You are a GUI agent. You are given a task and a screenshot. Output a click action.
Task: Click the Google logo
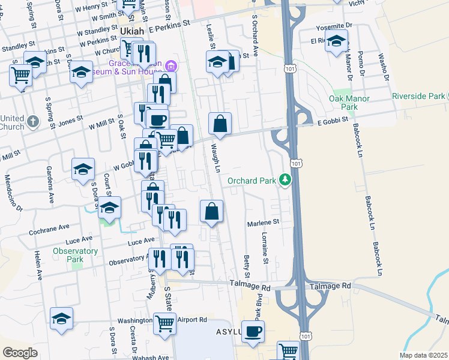click(20, 352)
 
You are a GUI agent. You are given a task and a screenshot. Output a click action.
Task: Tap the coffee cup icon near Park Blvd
click(253, 332)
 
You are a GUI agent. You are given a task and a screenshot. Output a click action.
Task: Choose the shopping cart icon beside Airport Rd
click(164, 323)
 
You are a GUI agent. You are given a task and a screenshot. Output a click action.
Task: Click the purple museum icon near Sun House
click(170, 65)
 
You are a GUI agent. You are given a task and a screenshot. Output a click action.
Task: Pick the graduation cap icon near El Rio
click(337, 43)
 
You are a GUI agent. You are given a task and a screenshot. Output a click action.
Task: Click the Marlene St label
click(264, 222)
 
